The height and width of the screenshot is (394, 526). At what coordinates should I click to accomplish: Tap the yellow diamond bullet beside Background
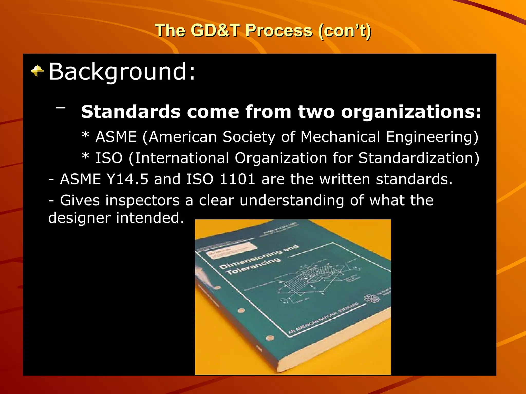(x=37, y=71)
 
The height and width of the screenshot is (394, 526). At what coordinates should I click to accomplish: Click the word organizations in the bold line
(x=411, y=112)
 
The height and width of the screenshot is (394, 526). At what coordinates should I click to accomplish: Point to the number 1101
(x=237, y=179)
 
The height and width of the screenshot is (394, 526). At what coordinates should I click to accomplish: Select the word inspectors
(x=142, y=200)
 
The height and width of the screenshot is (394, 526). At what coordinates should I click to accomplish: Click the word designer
(x=79, y=218)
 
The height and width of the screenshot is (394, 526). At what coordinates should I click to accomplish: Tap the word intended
(x=150, y=218)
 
